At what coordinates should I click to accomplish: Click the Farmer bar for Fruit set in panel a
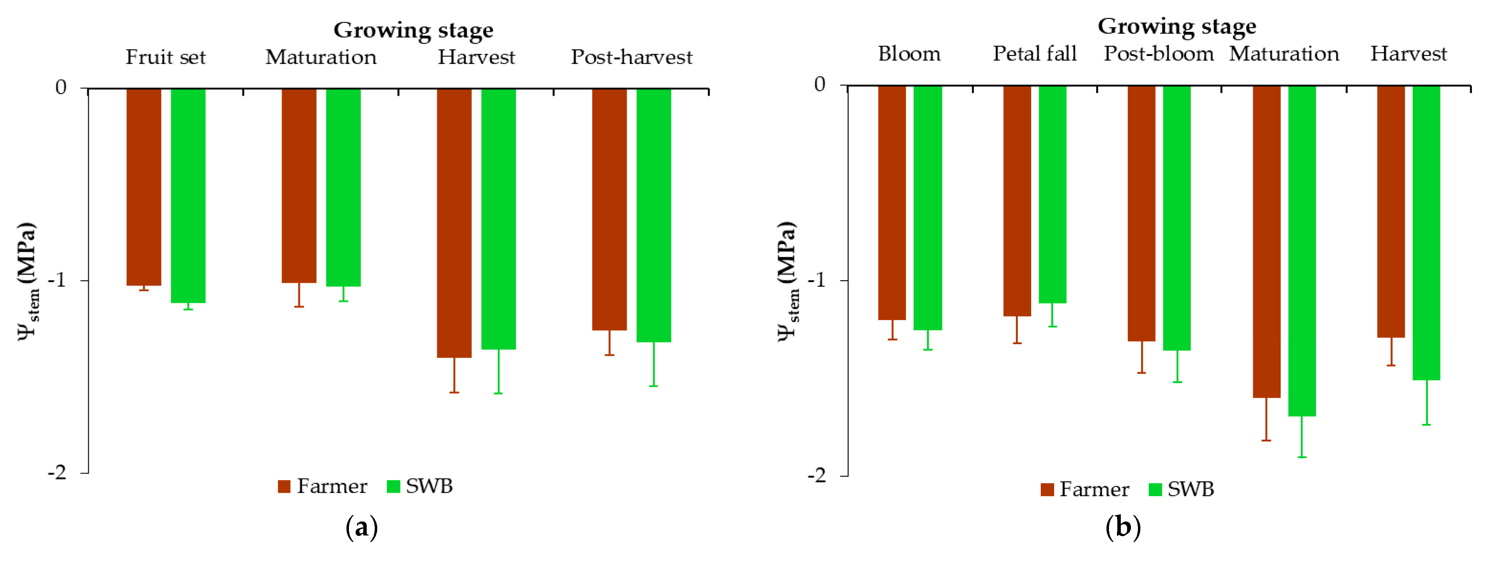[144, 186]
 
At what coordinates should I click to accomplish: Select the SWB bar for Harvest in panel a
[499, 219]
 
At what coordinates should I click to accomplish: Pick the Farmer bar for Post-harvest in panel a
[609, 209]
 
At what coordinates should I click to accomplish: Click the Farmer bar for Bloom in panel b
[892, 203]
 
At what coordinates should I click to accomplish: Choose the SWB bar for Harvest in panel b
[1426, 233]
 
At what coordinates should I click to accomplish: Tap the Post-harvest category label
[631, 57]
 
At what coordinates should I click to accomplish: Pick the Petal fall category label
[1035, 54]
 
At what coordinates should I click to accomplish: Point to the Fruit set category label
[166, 57]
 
